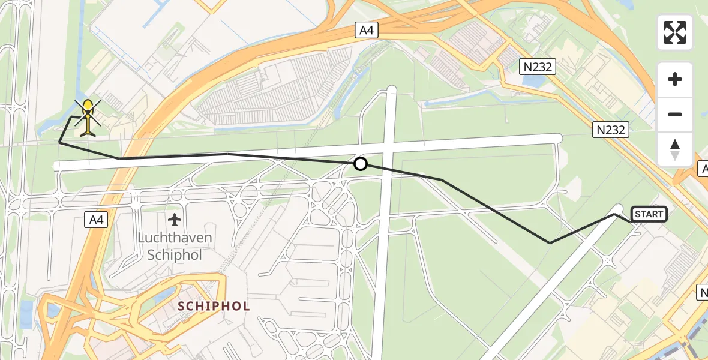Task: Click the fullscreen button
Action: (675, 32)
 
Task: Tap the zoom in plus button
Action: (675, 79)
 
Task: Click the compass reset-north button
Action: (675, 149)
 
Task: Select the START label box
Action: (649, 214)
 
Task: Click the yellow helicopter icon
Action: (88, 117)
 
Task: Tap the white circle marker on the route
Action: (360, 164)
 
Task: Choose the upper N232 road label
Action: (537, 67)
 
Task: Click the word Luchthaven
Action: (175, 238)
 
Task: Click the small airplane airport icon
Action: (175, 219)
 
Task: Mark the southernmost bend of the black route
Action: (550, 243)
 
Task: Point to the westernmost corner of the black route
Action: (59, 142)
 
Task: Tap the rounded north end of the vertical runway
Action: (392, 90)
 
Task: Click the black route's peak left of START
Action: (616, 214)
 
